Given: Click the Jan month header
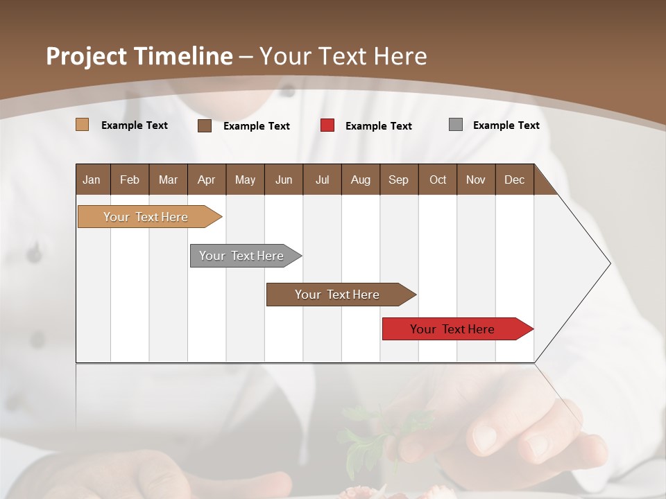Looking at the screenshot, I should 92,180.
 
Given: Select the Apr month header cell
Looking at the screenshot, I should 206,180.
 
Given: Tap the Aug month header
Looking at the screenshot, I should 360,180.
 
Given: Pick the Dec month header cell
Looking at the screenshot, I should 514,180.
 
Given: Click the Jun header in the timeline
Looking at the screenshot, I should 283,180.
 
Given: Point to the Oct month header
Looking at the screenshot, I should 437,180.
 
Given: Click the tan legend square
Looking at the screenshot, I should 82,125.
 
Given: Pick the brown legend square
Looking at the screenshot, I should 204,125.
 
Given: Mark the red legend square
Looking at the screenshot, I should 327,125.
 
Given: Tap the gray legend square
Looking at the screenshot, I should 455,125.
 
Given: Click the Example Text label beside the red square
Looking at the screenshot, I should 378,126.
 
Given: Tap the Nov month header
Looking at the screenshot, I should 475,180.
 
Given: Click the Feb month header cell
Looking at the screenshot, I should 129,180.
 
